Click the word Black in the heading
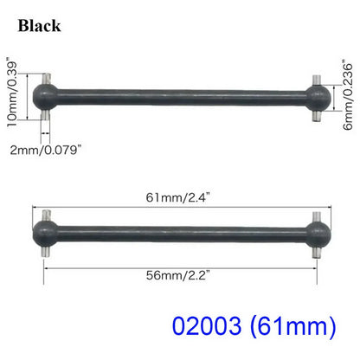click(38, 26)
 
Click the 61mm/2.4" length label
click(178, 198)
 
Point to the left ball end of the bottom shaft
click(45, 227)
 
